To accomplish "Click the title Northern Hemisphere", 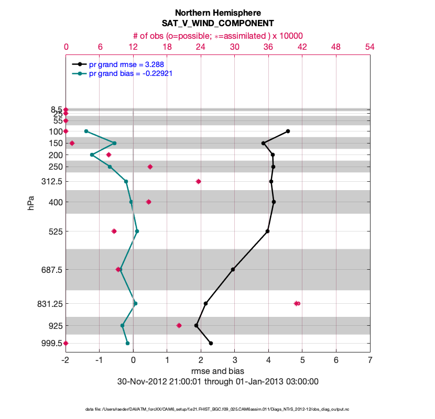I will click(x=217, y=13).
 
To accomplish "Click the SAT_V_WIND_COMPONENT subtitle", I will click(x=217, y=24).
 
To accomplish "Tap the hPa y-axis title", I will click(x=31, y=203).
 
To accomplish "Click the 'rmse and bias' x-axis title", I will click(x=217, y=371).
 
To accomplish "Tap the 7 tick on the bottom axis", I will click(x=370, y=360).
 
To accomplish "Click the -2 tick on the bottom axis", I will click(x=66, y=360).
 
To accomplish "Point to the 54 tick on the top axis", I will click(x=369, y=47).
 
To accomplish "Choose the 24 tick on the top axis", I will click(x=201, y=47).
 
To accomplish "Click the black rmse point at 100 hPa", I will click(x=288, y=131).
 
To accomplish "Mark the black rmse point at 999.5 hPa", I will click(x=211, y=343).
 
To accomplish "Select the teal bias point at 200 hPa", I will click(x=92, y=155).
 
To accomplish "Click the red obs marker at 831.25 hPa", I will click(x=297, y=303).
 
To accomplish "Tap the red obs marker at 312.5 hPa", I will click(x=198, y=181).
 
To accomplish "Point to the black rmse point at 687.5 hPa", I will click(x=233, y=269).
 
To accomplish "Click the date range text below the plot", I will click(x=217, y=381).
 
